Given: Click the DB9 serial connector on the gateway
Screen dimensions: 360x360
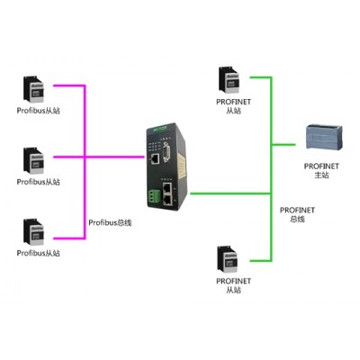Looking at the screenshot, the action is [x=166, y=152].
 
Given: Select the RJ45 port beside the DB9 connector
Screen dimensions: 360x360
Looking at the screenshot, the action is [x=155, y=158].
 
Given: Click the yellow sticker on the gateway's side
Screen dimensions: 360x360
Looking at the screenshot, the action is [x=181, y=165].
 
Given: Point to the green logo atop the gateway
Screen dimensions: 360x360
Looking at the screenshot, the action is [x=160, y=129].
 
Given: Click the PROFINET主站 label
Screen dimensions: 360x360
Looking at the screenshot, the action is [x=321, y=170].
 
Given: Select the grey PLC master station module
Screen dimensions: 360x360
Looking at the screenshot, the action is [x=324, y=138].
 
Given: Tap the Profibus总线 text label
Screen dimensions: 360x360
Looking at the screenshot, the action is [x=110, y=222].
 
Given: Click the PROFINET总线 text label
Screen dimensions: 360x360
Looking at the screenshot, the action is [x=297, y=214].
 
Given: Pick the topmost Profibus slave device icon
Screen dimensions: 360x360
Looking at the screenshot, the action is [x=33, y=90].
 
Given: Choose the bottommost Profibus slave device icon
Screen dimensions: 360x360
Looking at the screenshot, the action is [x=33, y=232].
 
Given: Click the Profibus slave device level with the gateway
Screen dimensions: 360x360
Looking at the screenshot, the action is [x=33, y=161].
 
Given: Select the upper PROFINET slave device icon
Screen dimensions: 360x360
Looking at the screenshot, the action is [x=229, y=80].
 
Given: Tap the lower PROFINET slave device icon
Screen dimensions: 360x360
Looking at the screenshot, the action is [x=228, y=259].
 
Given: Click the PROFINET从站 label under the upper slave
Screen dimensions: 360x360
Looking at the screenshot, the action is [x=233, y=106].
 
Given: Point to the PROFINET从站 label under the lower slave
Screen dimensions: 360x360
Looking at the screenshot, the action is [x=233, y=285].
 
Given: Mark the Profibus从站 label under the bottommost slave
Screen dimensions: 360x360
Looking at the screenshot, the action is [x=39, y=253].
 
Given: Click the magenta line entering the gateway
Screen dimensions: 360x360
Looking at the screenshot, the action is [x=115, y=157].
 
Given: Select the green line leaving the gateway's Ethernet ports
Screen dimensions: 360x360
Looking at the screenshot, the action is [x=230, y=193].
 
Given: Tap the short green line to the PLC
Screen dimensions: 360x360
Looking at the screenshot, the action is [x=283, y=145].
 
